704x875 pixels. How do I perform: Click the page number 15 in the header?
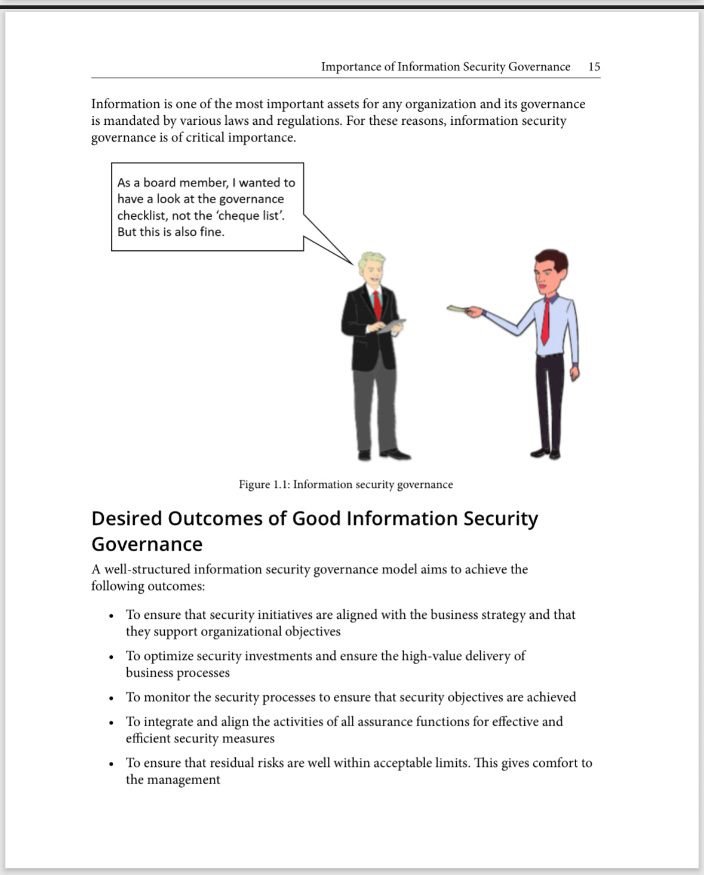click(x=594, y=66)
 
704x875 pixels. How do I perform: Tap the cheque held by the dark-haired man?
click(x=456, y=308)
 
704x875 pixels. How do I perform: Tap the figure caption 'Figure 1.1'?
click(x=264, y=484)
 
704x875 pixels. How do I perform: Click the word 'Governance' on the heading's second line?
click(x=147, y=544)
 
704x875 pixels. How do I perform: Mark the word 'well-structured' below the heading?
click(x=147, y=569)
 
